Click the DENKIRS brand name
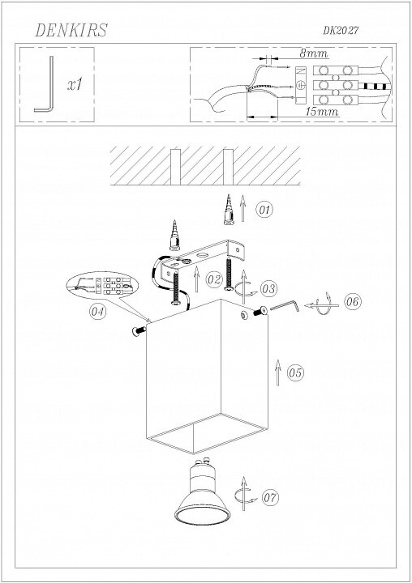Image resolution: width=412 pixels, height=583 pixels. point(71,30)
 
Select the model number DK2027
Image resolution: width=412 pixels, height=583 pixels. point(341,30)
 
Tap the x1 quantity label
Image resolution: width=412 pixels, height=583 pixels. point(75,85)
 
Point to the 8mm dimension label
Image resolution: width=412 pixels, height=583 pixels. point(314,53)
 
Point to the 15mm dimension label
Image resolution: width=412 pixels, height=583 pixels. point(322,111)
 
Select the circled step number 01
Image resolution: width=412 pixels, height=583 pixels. point(264,210)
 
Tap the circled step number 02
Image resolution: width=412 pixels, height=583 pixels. point(214,279)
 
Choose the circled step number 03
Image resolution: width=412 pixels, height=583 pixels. point(268,288)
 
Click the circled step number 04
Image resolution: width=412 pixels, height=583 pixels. point(97,311)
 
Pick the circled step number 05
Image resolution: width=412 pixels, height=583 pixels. point(295,372)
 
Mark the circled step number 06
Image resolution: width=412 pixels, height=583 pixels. point(353,301)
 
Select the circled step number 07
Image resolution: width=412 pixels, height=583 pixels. point(270,497)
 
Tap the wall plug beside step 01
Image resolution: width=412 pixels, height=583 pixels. point(229,210)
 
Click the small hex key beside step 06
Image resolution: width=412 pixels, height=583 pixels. point(285,306)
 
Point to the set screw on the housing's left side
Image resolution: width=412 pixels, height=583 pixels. point(139,330)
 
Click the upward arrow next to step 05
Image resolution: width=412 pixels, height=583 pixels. point(277,373)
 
